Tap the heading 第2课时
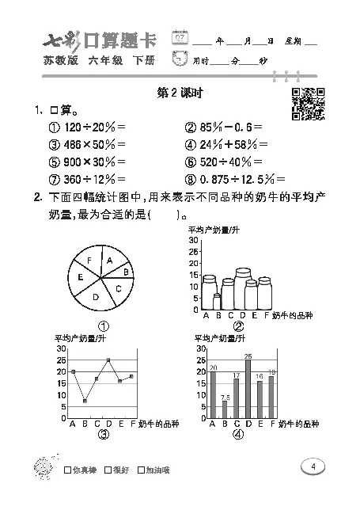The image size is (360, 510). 181,93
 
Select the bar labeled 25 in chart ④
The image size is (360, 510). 248,390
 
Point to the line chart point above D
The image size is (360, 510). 108,360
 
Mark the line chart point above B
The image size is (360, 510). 85,401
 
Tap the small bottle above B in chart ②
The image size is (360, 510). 217,301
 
